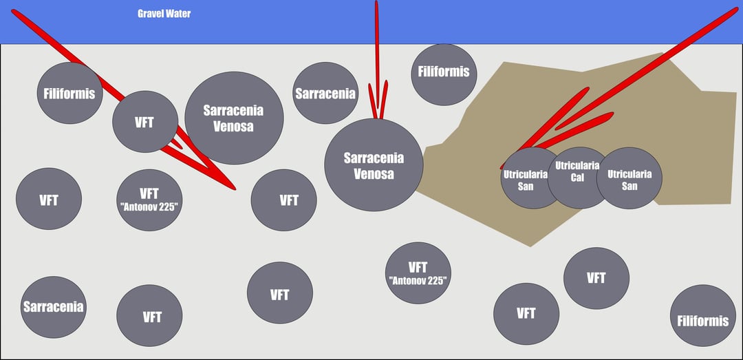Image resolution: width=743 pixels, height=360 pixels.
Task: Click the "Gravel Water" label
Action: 164,14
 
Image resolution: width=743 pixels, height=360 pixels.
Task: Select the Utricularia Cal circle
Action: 579,178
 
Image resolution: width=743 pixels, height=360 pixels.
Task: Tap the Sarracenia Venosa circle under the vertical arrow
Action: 374,165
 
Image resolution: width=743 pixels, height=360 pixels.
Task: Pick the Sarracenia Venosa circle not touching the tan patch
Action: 234,118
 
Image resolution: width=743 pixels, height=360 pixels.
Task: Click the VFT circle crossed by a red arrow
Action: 145,121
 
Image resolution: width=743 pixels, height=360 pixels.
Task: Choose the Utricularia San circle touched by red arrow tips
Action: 532,178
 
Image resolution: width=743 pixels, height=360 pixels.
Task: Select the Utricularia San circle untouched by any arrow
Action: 629,178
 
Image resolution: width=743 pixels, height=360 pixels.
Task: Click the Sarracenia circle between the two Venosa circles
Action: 325,93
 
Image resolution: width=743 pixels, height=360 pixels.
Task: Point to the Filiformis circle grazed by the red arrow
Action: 70,93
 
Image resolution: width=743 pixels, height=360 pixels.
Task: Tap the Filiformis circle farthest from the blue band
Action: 702,315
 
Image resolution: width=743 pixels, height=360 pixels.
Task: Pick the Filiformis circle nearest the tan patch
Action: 444,74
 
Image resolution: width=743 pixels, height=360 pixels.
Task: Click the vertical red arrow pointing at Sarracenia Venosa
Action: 377,59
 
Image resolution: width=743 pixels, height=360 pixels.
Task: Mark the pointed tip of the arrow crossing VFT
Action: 235,189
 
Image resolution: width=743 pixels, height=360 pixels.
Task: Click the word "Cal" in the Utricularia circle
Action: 577,178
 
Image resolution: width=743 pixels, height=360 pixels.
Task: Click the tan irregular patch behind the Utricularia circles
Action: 578,142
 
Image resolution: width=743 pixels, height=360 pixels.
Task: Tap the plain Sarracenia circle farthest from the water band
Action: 54,307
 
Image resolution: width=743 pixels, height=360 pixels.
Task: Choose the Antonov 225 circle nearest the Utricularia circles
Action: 418,273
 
